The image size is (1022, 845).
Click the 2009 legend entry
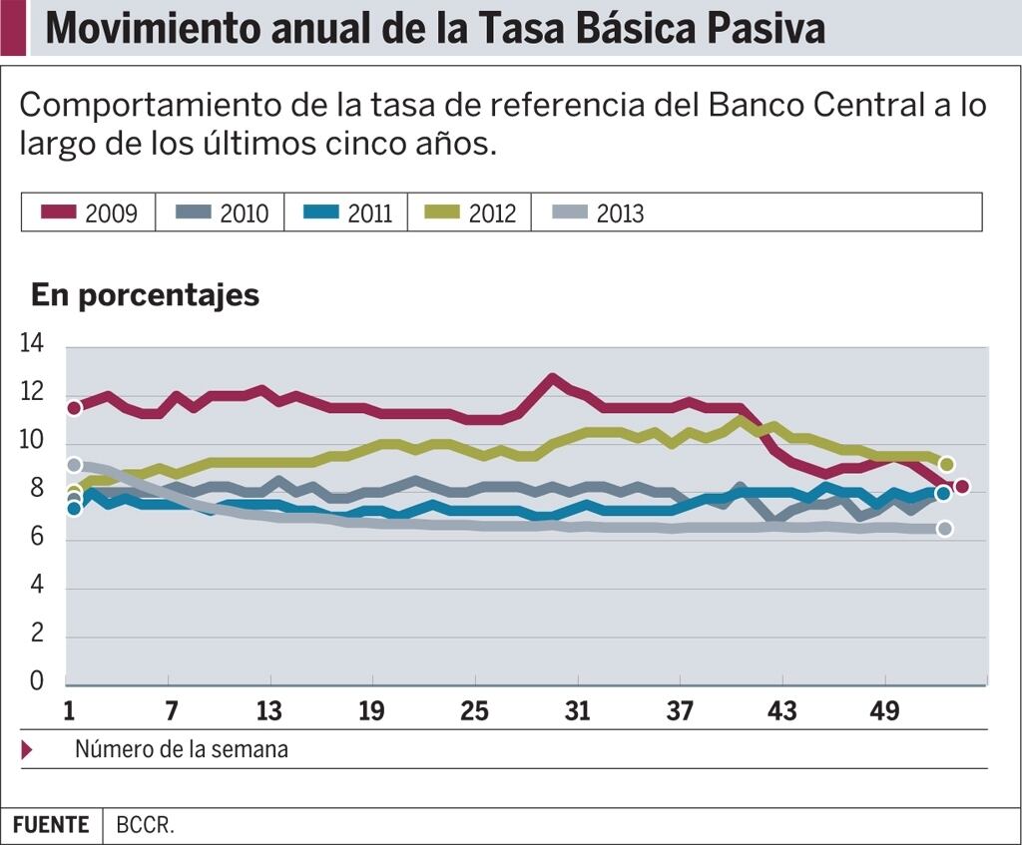click(89, 213)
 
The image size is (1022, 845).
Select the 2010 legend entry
click(223, 213)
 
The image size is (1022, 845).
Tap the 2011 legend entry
click(348, 213)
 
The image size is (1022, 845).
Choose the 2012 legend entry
click(470, 213)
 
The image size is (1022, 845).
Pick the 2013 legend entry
click(598, 213)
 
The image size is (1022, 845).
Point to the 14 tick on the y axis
click(31, 343)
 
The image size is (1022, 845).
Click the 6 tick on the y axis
click(37, 536)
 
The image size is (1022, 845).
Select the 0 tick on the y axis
click(37, 680)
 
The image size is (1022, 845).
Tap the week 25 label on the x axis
click(474, 710)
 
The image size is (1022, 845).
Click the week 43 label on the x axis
click(782, 710)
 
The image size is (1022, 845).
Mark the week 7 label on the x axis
click(171, 710)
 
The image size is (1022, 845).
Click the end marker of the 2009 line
click(961, 486)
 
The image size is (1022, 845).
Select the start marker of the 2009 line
click(74, 408)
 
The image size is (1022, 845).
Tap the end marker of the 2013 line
click(945, 529)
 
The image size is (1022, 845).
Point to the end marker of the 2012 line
click(946, 464)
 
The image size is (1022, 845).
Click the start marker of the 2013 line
click(74, 465)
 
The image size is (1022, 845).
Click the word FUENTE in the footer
click(51, 825)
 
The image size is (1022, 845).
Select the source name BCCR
click(146, 825)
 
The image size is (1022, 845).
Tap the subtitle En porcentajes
click(145, 295)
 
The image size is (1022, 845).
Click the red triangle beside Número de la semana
click(27, 750)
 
